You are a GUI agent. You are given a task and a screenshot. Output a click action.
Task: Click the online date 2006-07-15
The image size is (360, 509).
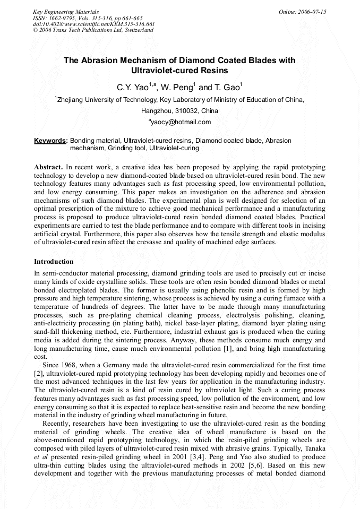312,11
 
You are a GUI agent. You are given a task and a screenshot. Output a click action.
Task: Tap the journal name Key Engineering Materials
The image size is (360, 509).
66,11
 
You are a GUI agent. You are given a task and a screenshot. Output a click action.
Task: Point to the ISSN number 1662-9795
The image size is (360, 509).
63,18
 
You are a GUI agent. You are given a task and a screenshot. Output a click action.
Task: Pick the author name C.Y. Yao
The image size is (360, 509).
132,87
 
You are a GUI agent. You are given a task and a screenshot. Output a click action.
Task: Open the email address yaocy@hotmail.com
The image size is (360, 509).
181,122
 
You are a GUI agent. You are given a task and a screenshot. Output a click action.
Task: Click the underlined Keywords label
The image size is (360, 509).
50,141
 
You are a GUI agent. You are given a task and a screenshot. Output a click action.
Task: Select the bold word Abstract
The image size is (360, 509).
48,167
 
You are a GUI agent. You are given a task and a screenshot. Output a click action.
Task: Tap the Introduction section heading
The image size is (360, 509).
54,262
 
